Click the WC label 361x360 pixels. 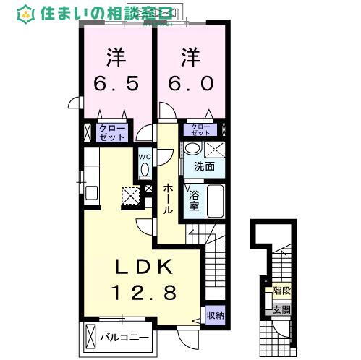144,154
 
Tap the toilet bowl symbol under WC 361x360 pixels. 144,169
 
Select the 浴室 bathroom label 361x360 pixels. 194,200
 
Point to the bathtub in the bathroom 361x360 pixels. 214,200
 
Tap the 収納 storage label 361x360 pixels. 215,314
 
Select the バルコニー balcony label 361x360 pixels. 124,338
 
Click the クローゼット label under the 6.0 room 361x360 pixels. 202,130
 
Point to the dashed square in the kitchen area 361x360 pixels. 130,194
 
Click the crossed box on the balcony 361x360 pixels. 90,337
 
